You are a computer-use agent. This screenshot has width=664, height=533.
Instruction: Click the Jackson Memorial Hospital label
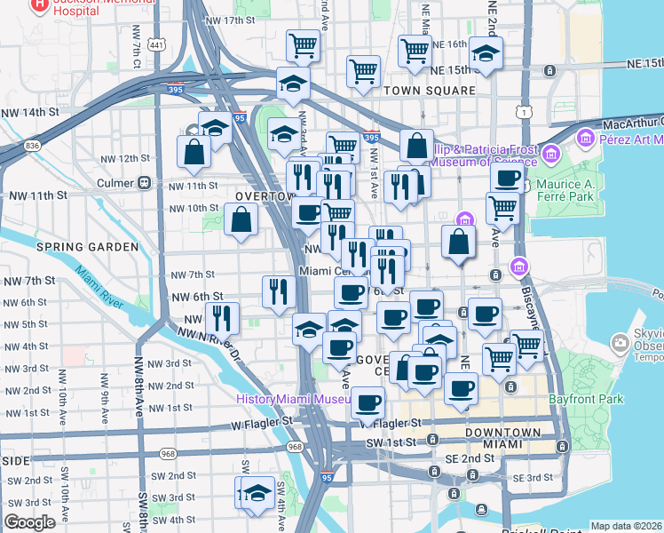(x=75, y=6)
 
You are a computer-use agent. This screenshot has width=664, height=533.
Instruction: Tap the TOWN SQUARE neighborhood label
(x=424, y=91)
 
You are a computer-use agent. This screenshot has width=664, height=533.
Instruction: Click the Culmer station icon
(x=144, y=184)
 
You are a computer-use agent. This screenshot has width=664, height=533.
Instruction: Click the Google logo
(x=29, y=522)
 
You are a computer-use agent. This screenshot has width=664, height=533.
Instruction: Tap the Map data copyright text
(x=626, y=526)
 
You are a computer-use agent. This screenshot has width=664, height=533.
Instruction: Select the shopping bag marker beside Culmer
(x=194, y=151)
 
